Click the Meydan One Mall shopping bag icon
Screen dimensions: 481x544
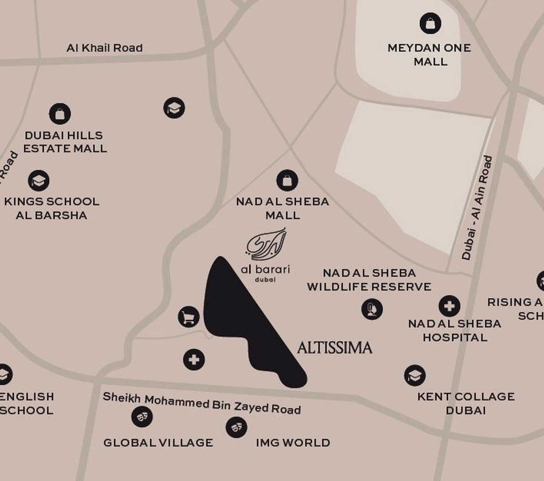[430, 23]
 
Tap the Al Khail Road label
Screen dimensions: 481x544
[104, 48]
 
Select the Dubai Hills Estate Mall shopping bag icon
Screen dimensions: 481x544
[60, 114]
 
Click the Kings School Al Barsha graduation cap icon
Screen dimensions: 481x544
[38, 181]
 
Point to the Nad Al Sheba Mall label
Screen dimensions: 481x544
[283, 208]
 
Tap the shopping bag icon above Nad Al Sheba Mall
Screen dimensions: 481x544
[287, 181]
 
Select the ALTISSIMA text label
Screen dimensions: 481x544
[335, 348]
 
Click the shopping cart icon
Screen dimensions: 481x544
[189, 316]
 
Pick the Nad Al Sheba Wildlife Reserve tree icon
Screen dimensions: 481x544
[372, 309]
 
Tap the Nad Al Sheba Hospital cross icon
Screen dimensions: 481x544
[449, 306]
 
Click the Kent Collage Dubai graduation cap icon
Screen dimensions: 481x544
[415, 376]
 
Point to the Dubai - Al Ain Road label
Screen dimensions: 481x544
[477, 208]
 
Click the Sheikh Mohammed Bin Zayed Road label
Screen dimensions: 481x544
[202, 403]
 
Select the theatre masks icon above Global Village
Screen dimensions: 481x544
[142, 417]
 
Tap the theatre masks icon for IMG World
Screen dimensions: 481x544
[236, 427]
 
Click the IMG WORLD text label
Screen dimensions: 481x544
[293, 443]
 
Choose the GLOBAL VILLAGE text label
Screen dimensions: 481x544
[158, 443]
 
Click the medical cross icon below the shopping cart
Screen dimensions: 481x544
[194, 359]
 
